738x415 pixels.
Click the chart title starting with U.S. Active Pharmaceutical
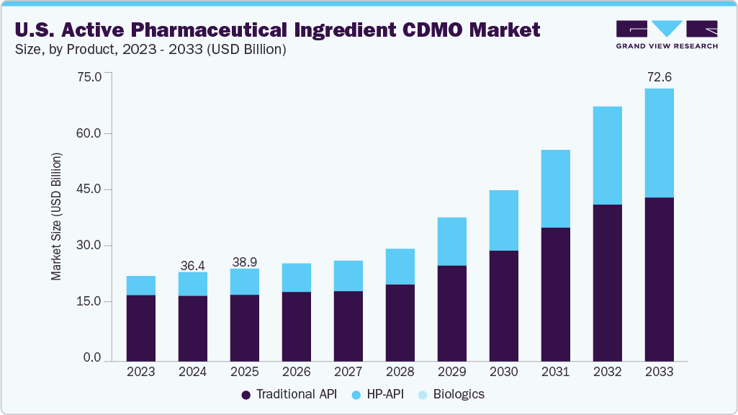[x=276, y=30]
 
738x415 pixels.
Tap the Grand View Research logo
[x=667, y=35]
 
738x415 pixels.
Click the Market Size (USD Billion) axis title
[x=56, y=217]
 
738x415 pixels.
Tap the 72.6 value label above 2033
[x=659, y=76]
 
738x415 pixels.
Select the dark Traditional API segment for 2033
[x=659, y=279]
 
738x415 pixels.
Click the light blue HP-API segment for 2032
[x=607, y=156]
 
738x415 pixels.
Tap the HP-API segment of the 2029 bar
[x=451, y=241]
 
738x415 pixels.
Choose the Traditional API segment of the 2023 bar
[x=141, y=328]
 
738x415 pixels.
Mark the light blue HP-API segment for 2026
[x=297, y=277]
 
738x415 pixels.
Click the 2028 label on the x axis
[x=400, y=372]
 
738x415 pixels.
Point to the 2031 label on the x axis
[x=555, y=372]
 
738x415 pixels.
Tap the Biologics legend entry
[x=453, y=395]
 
